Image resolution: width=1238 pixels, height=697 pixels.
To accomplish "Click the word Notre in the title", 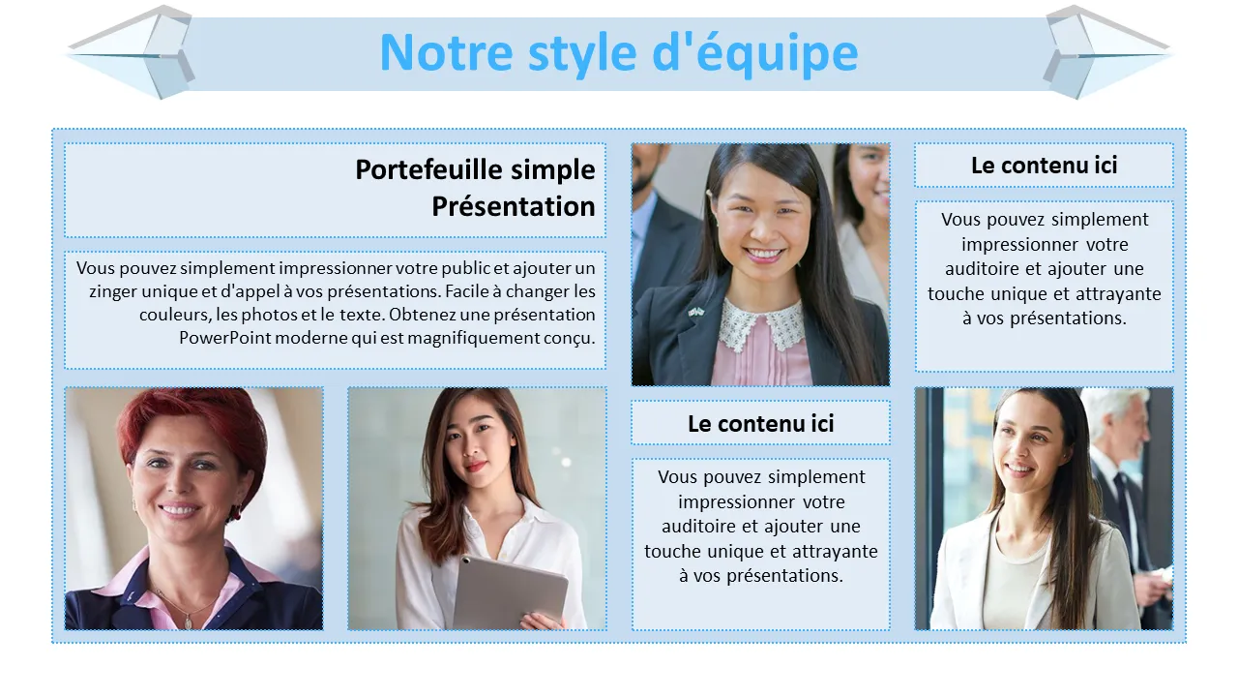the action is pos(447,53).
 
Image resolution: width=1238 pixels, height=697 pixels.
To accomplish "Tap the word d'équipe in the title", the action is pos(755,54).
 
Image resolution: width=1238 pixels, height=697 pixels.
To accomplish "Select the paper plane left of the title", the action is pos(131,52).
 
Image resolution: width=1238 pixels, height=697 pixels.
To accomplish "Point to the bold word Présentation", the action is pos(514,206).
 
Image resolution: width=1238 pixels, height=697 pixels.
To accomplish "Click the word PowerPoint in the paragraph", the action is pos(225,338).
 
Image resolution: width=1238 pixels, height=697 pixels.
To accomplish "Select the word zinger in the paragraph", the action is pos(113,292).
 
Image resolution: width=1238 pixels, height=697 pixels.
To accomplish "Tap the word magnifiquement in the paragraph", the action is pos(474,338).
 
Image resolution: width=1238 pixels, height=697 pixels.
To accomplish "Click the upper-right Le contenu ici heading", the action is pos(1044,166).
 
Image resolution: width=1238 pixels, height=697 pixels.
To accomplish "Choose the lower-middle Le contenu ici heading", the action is pos(760,424).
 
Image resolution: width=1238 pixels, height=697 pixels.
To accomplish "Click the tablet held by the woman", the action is pos(510,592).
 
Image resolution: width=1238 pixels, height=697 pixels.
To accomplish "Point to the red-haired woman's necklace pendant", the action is pos(189,621).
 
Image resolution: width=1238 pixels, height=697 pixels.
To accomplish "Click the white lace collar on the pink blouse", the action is pos(761,323).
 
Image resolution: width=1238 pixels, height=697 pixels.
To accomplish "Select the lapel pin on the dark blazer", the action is pos(695,313).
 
